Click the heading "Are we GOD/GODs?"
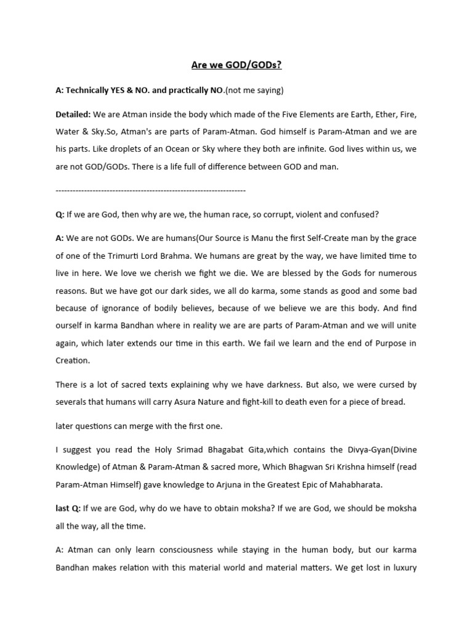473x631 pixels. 236,65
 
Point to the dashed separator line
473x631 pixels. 150,190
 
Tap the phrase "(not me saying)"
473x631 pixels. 254,90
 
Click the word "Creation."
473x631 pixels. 73,360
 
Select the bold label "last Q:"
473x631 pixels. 68,509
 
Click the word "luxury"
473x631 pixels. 403,567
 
